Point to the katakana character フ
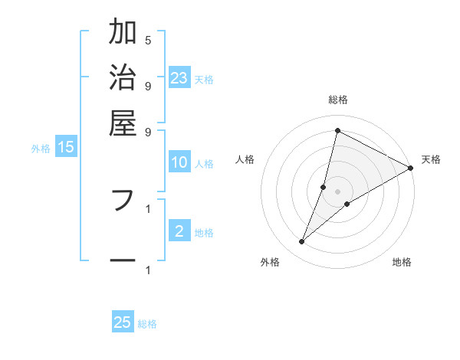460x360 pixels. pos(123,200)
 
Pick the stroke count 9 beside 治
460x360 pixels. pos(148,85)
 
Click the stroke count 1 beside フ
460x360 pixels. pos(148,208)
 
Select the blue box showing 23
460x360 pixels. pos(179,77)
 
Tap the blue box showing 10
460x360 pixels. pos(179,162)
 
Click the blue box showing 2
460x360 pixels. pos(179,231)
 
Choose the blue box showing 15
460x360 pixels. pos(66,148)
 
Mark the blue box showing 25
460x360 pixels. pos(123,322)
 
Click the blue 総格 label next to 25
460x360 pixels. pos(147,324)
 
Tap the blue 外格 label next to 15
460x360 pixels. pos(41,149)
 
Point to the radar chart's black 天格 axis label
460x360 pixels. pos(431,159)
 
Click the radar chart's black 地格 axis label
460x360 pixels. pos(402,262)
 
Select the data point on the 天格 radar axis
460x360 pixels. pos(410,168)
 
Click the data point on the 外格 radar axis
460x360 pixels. pos(302,242)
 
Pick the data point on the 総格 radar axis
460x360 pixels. pos(337,131)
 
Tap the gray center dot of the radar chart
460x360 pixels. pos(337,191)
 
